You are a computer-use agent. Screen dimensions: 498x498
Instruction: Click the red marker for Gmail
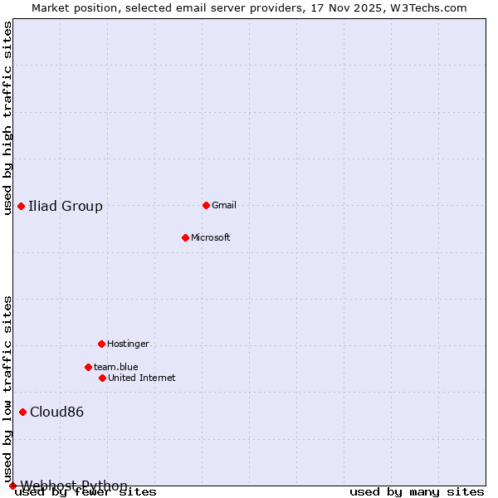pos(206,205)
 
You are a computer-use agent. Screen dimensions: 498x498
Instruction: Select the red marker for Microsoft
pos(185,237)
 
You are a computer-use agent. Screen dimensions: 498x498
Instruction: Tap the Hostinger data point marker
pos(101,344)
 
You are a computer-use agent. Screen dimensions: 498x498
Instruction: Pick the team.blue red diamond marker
pos(88,367)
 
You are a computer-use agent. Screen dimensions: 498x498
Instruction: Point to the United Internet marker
pos(102,378)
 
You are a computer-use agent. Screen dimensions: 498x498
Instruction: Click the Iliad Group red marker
pos(21,206)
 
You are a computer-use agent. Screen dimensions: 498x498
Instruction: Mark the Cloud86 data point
pos(22,412)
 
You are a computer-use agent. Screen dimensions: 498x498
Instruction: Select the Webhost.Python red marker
pos(12,486)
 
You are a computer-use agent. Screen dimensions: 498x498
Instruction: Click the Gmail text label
pos(224,205)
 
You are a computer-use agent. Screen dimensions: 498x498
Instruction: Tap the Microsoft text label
pos(211,237)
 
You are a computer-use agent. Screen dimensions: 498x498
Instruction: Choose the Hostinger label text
pos(128,344)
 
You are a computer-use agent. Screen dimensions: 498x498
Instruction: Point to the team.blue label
pos(116,367)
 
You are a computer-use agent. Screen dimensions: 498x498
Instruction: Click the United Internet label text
pos(142,378)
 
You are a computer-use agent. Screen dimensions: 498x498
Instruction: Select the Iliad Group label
pos(66,207)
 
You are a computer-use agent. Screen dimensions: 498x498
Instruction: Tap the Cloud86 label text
pos(57,413)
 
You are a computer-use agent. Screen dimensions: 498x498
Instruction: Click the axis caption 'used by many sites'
pos(417,492)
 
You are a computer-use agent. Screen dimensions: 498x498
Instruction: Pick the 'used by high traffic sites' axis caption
pos(8,118)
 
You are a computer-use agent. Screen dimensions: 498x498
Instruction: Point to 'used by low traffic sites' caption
pos(8,388)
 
